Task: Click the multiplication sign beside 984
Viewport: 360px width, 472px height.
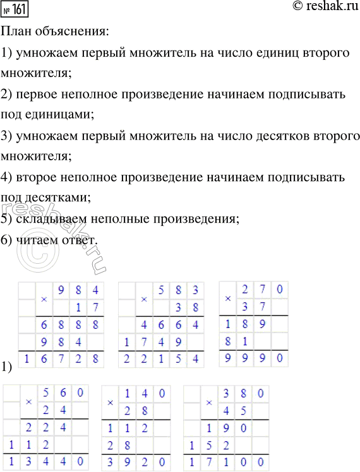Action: (x=44, y=298)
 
